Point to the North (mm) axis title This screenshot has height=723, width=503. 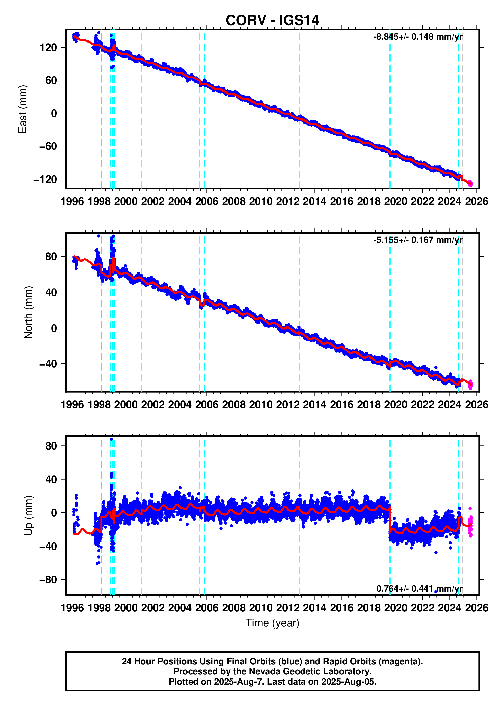coord(28,312)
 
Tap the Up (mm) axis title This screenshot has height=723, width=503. coord(28,515)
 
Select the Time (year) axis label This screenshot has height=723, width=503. coord(272,623)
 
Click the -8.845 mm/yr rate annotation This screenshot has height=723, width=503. coord(418,37)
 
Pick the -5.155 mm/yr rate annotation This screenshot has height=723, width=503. coord(418,240)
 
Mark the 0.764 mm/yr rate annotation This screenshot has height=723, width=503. coord(419,588)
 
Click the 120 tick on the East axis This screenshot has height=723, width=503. coord(48,48)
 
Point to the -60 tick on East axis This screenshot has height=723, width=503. coord(48,146)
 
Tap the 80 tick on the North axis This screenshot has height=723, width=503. coord(51,257)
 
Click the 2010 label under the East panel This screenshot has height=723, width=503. coord(261,202)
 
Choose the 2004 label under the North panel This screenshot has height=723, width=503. coord(180,405)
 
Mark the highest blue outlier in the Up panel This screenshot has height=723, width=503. coord(111,439)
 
